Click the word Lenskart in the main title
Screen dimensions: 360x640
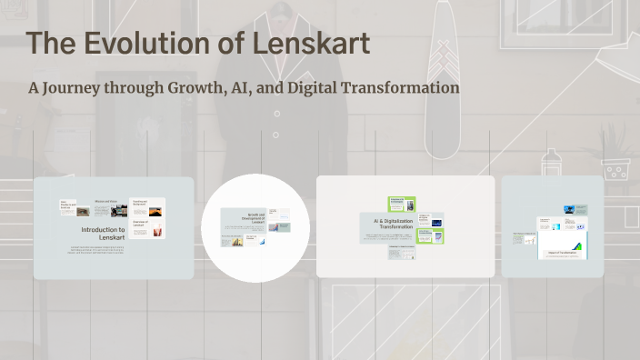312,44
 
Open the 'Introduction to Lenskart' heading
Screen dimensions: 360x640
103,234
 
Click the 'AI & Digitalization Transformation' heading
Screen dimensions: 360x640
388,225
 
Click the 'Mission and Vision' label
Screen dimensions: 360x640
106,201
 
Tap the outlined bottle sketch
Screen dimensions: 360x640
549,164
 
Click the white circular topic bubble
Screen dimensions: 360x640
255,227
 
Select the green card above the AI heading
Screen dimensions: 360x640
402,205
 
